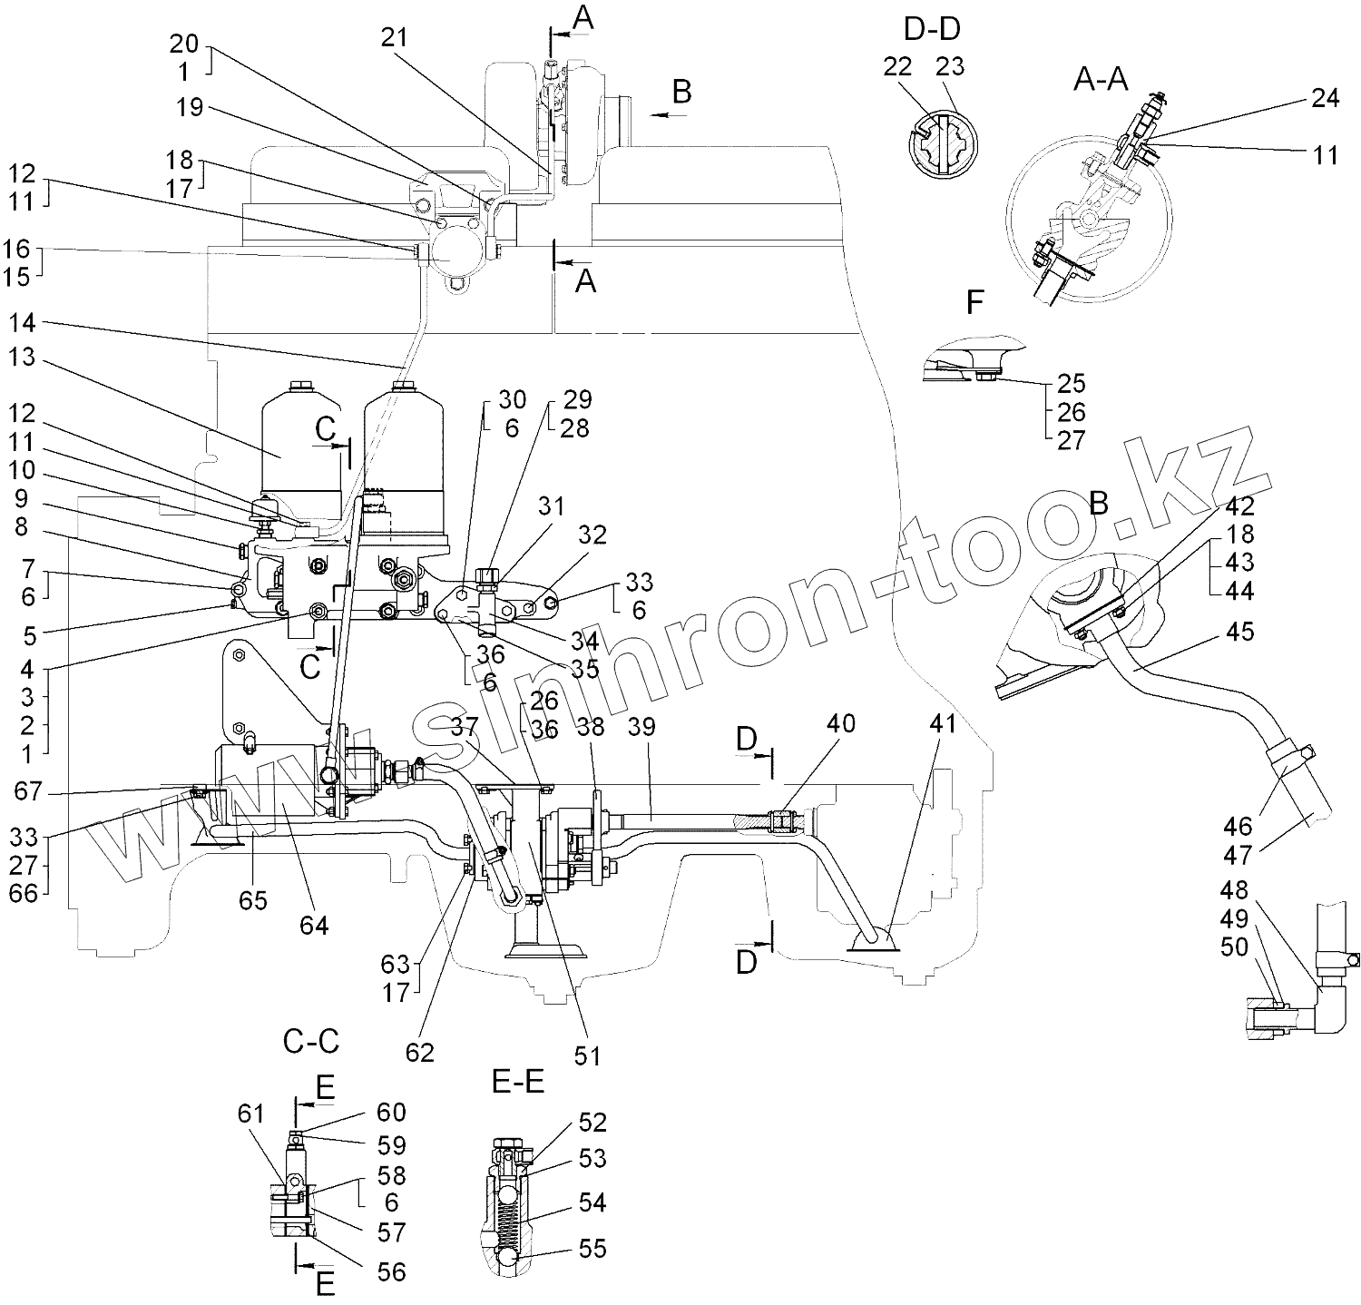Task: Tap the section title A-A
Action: click(1101, 80)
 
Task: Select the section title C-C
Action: click(311, 1041)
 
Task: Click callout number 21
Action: click(396, 37)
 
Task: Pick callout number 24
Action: click(1326, 97)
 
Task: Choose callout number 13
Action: click(23, 358)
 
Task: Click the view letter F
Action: click(974, 302)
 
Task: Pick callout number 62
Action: click(419, 1052)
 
